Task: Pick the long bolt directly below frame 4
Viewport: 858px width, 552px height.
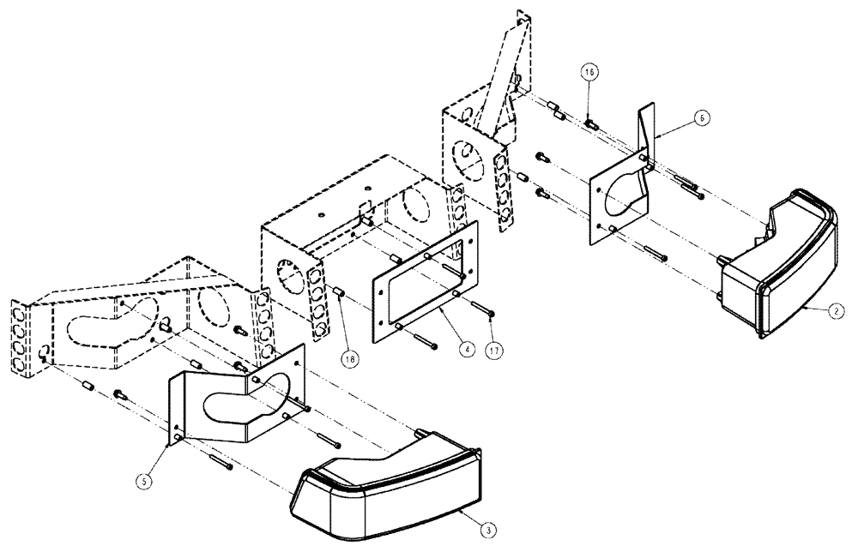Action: (424, 341)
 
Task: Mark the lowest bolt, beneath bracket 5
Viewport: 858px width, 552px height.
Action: (221, 464)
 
